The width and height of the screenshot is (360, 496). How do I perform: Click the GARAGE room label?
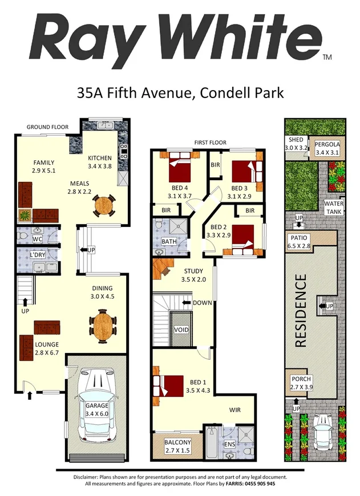coord(96,405)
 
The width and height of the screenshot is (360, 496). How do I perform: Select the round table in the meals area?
coord(104,204)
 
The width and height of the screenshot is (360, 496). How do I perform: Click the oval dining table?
coord(102,324)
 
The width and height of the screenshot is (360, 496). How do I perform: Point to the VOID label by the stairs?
coord(181,330)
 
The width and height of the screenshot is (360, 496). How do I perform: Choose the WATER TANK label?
coord(333,208)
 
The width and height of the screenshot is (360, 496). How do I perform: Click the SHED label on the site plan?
coord(296,140)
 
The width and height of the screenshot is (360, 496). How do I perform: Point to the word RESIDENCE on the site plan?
coord(301,311)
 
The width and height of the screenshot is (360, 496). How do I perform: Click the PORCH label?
coord(301,380)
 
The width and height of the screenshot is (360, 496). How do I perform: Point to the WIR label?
coord(236,409)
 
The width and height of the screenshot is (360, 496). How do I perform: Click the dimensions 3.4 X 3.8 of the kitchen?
coord(101,166)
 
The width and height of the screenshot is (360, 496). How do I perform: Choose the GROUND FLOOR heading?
coord(48,127)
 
